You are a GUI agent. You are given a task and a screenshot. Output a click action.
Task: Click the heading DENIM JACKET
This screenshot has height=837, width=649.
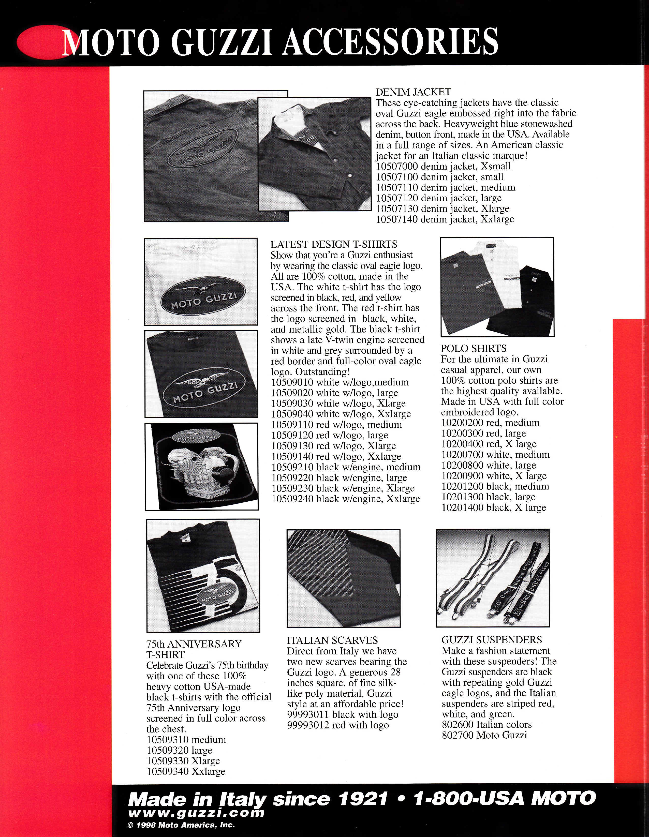[413, 92]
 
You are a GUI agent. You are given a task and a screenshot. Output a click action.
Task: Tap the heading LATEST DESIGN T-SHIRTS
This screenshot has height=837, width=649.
[333, 244]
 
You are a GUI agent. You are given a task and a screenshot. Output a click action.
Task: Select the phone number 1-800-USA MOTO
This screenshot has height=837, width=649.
[505, 799]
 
